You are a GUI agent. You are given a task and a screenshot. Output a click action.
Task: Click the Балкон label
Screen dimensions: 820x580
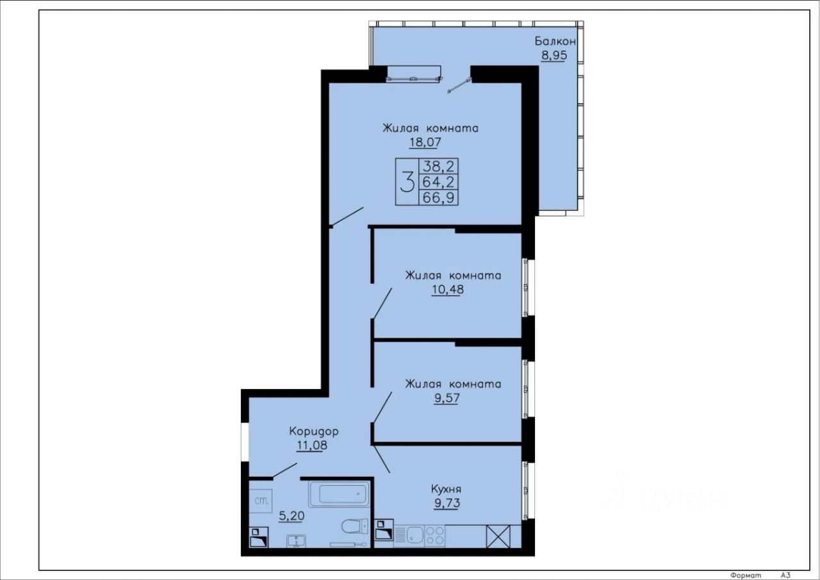(555, 41)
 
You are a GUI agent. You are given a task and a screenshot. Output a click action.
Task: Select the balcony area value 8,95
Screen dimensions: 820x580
(554, 56)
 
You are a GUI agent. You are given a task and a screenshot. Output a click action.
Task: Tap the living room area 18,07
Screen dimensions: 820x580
(425, 142)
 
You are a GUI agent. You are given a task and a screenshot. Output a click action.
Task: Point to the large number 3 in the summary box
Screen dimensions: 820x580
(407, 182)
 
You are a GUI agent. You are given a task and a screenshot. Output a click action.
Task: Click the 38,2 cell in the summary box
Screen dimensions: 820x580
(439, 167)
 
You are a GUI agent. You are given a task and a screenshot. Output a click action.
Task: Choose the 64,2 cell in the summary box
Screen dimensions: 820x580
(439, 181)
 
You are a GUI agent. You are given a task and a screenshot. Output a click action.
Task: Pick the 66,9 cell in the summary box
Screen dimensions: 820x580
(439, 197)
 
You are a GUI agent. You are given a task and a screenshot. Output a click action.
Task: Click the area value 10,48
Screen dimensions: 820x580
(448, 289)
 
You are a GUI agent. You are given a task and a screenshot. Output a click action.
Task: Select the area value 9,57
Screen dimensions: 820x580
(447, 397)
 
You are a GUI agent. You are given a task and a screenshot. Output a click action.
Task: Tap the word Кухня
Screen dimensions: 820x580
(447, 489)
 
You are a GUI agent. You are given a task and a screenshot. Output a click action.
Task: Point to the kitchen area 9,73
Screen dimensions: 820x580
(447, 503)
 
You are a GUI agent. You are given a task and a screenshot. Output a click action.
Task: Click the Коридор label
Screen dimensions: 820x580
(314, 432)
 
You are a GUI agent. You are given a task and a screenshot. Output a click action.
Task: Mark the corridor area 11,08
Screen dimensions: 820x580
(312, 445)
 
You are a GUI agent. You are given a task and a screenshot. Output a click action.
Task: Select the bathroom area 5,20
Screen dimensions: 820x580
(291, 516)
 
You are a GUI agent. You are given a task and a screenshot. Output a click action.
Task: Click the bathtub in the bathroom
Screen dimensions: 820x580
(339, 494)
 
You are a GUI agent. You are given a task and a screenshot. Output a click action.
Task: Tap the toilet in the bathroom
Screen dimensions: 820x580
(355, 527)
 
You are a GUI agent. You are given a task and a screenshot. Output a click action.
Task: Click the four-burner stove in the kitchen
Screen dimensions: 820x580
(435, 536)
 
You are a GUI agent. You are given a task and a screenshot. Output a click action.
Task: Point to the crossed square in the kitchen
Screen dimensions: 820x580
(498, 536)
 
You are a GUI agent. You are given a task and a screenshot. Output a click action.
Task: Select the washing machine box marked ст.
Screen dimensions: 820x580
(261, 501)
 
